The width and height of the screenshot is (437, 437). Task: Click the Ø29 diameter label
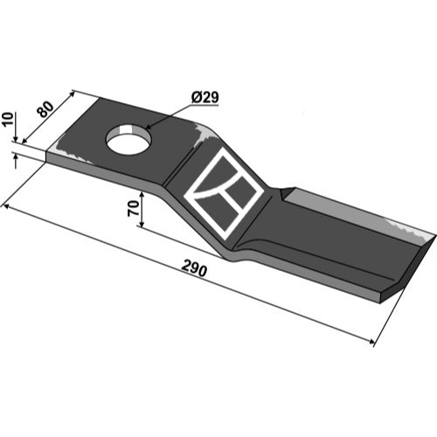click(205, 97)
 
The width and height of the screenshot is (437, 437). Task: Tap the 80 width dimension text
click(46, 109)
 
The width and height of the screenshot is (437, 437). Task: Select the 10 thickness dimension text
click(8, 119)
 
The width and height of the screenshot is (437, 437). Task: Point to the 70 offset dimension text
click(133, 209)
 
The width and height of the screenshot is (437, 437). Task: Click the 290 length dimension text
click(194, 269)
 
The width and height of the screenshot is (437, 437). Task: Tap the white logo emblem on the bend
click(224, 193)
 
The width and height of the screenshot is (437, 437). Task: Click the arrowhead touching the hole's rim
click(148, 127)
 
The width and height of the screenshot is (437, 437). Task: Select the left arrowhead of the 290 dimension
click(6, 207)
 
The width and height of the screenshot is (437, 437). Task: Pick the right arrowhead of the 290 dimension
click(371, 342)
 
